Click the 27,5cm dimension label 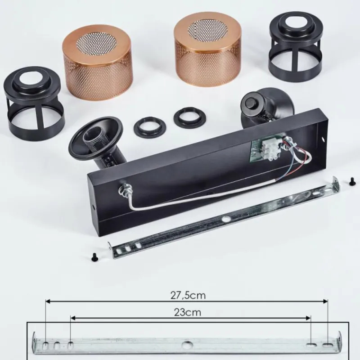click(188, 296)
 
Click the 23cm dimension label click(188, 312)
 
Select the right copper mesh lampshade click(207, 49)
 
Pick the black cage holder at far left click(34, 101)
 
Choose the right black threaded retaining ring click(189, 117)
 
